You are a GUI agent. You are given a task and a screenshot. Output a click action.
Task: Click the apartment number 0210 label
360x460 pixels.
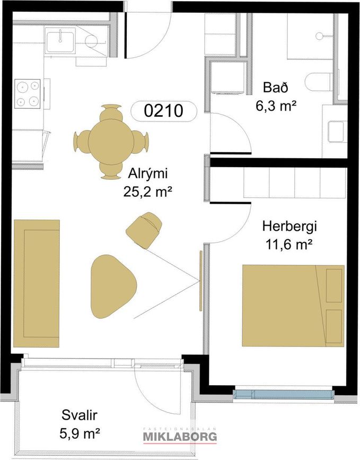point(163,111)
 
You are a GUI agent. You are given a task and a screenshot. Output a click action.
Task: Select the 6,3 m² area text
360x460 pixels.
point(276,106)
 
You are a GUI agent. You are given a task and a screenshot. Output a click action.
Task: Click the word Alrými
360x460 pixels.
point(147,174)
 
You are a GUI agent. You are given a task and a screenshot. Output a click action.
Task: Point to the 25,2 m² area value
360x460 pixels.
point(147,192)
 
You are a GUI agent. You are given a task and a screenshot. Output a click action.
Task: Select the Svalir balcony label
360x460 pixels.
point(79,415)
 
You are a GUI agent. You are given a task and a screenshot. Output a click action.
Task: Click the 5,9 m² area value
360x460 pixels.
point(80,433)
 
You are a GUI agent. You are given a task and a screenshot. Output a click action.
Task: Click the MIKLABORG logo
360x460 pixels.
point(180,436)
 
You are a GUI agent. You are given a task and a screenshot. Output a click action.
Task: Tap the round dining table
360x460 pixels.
point(111,142)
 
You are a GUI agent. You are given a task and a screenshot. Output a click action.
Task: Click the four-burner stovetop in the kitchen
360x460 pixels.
point(28,94)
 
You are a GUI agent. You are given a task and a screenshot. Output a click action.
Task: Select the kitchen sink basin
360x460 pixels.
point(60,41)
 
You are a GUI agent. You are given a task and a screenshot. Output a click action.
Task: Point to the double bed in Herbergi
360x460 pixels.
point(293,306)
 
